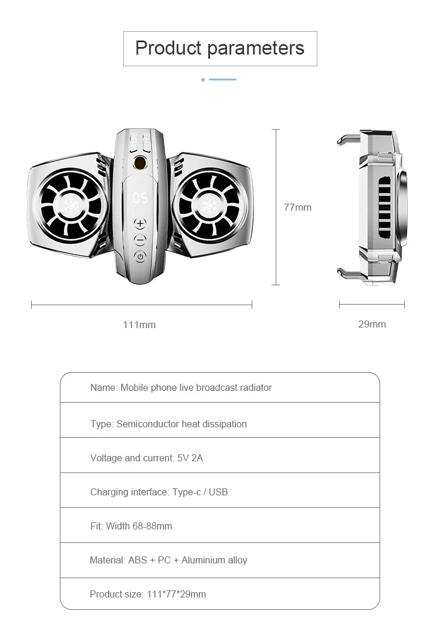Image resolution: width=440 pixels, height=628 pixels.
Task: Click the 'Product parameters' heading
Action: click(x=220, y=48)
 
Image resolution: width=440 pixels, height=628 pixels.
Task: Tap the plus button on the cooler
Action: click(x=140, y=224)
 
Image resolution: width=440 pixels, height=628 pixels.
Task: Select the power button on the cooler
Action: click(x=140, y=256)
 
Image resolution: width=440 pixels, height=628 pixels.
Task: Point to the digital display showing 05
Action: click(x=140, y=198)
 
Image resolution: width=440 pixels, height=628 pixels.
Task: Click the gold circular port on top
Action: click(x=140, y=163)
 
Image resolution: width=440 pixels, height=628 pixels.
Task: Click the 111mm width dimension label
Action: click(x=140, y=325)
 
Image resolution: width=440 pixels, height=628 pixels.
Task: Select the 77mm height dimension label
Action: click(x=297, y=207)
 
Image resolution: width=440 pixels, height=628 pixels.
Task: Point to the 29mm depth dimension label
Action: click(x=372, y=324)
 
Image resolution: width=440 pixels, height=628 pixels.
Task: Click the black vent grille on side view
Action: click(x=384, y=207)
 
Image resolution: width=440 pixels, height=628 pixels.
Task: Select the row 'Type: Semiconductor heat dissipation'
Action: click(x=168, y=424)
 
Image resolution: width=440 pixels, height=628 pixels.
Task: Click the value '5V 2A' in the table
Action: click(x=190, y=458)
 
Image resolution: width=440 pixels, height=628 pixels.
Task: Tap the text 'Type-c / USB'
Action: click(x=200, y=492)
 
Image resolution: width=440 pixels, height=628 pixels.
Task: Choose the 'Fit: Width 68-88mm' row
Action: click(x=131, y=526)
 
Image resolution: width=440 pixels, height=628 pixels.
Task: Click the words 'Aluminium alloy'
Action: click(x=214, y=560)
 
